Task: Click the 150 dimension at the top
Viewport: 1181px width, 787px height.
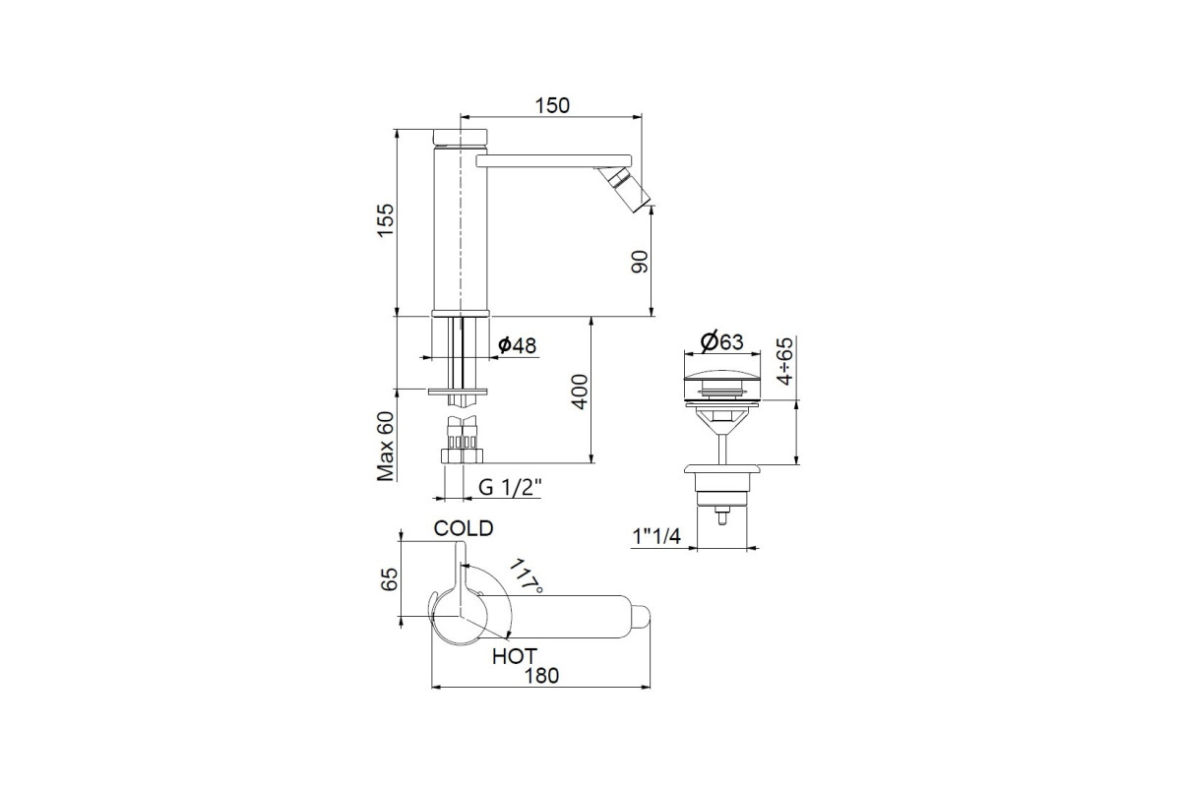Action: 552,105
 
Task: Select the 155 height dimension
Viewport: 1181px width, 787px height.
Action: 386,220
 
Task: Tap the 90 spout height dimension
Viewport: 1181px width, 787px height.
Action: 640,262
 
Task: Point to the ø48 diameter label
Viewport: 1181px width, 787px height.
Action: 517,346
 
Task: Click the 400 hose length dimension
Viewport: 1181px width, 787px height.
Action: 580,392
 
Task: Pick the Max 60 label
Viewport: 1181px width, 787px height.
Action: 386,446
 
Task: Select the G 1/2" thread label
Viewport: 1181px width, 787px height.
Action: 510,488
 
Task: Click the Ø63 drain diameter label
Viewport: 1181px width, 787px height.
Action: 721,342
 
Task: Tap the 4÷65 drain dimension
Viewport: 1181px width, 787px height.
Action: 785,362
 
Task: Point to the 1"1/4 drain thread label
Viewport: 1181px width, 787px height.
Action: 656,536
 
